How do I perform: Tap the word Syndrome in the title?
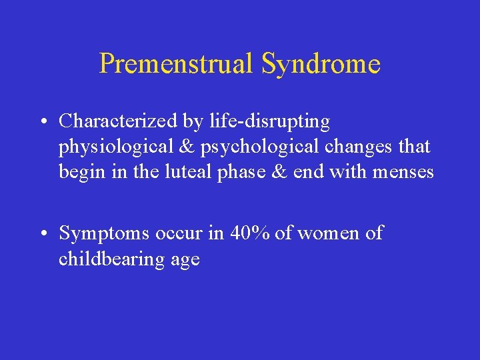pos(321,65)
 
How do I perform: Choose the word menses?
pos(403,173)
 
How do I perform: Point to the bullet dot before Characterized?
pos(42,122)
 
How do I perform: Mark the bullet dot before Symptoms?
pos(42,234)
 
